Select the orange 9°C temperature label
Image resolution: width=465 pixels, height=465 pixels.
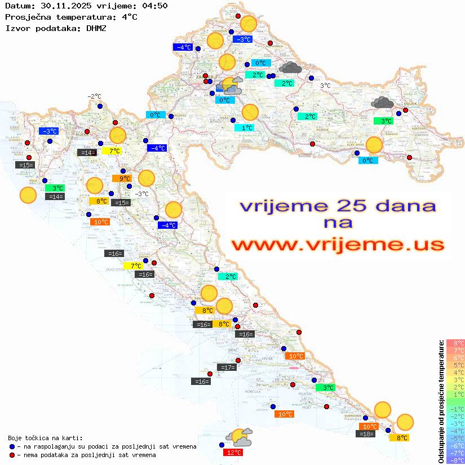[x=124, y=179]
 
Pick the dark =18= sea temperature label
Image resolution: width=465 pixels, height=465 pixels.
[x=366, y=433]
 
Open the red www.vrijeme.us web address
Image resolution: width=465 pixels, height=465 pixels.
[x=337, y=245]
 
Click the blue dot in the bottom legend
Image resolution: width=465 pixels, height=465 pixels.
[x=12, y=446]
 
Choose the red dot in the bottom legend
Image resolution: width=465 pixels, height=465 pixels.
[x=12, y=455]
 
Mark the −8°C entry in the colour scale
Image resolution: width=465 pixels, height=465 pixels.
[x=455, y=460]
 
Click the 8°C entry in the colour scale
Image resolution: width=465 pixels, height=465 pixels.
[x=455, y=343]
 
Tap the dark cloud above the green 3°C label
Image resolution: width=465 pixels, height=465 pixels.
[x=382, y=103]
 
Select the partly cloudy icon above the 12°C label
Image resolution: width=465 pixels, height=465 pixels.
[x=238, y=436]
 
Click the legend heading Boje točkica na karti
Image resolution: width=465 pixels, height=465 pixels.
[x=45, y=438]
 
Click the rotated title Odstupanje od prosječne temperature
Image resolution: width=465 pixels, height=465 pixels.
[x=441, y=401]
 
